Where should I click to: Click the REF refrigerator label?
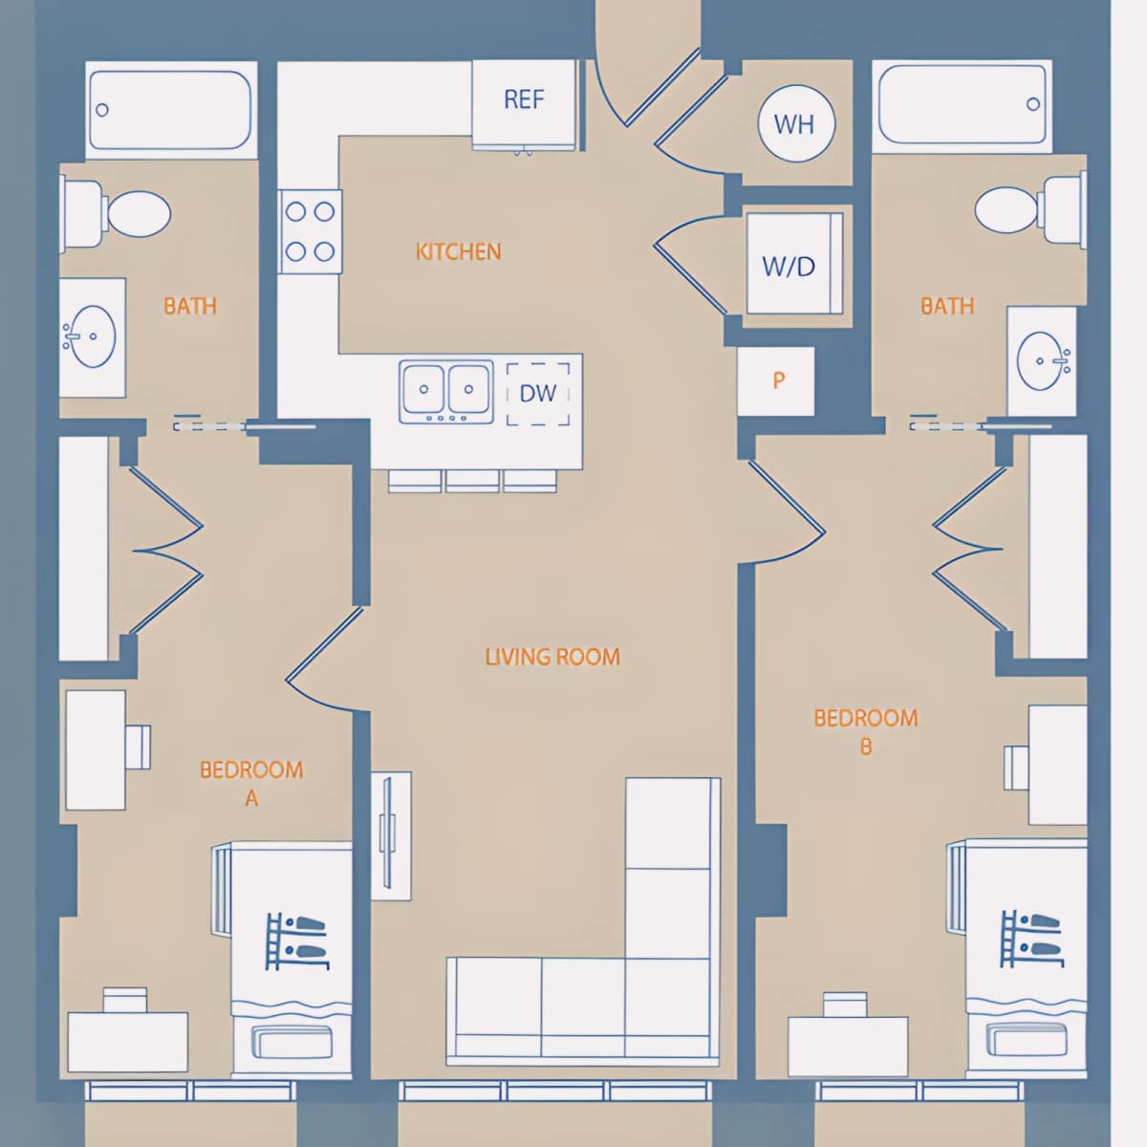524,99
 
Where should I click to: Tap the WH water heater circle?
796,124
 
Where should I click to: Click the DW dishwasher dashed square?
538,394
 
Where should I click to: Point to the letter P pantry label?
779,379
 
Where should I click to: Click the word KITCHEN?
459,251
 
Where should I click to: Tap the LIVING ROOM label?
552,657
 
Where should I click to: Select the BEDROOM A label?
251,784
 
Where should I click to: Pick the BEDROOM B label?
865,731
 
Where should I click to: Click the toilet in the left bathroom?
116,214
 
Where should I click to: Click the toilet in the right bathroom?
1030,210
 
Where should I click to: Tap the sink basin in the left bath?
93,336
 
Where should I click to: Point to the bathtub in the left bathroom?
171,110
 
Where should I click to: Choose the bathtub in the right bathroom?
962,106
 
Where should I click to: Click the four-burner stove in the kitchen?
310,231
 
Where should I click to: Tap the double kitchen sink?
446,392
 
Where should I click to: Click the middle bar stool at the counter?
472,481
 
